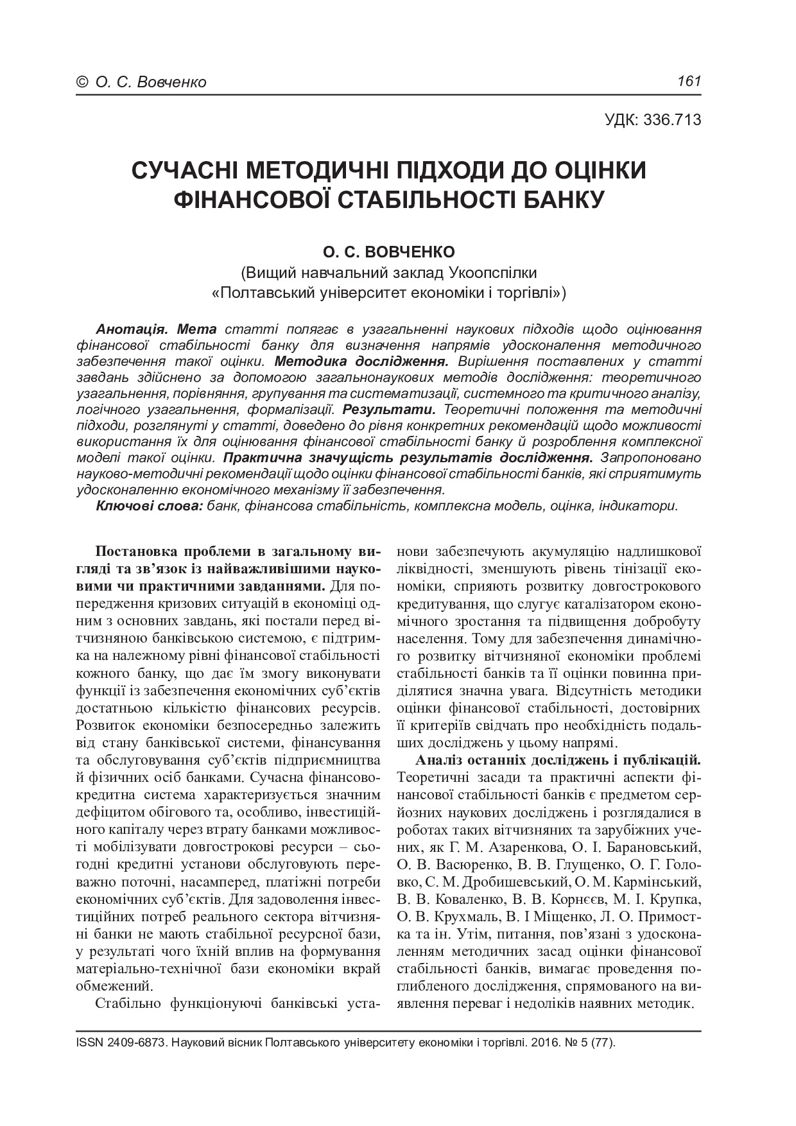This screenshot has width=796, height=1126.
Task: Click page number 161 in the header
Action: coord(689,82)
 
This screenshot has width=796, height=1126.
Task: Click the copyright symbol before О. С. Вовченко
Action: coord(82,82)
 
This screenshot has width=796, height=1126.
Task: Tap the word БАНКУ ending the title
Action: coord(567,198)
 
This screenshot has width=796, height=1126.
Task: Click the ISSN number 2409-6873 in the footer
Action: coord(135,1043)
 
